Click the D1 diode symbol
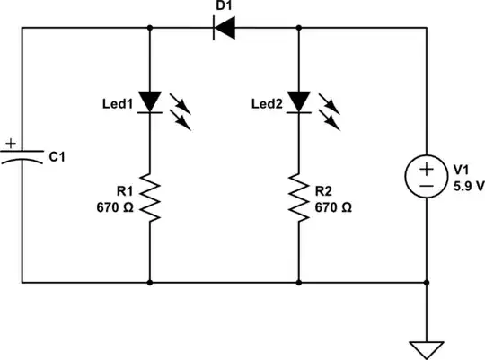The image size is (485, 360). [224, 28]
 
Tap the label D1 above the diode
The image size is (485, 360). [224, 7]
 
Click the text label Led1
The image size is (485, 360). [117, 105]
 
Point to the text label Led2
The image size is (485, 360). [266, 105]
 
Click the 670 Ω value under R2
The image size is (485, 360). [333, 206]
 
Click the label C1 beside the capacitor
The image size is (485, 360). [57, 157]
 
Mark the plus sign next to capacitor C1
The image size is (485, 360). [10, 143]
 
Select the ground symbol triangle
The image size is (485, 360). [426, 348]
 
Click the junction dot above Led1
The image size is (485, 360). [149, 28]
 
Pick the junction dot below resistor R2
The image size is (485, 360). [298, 283]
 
